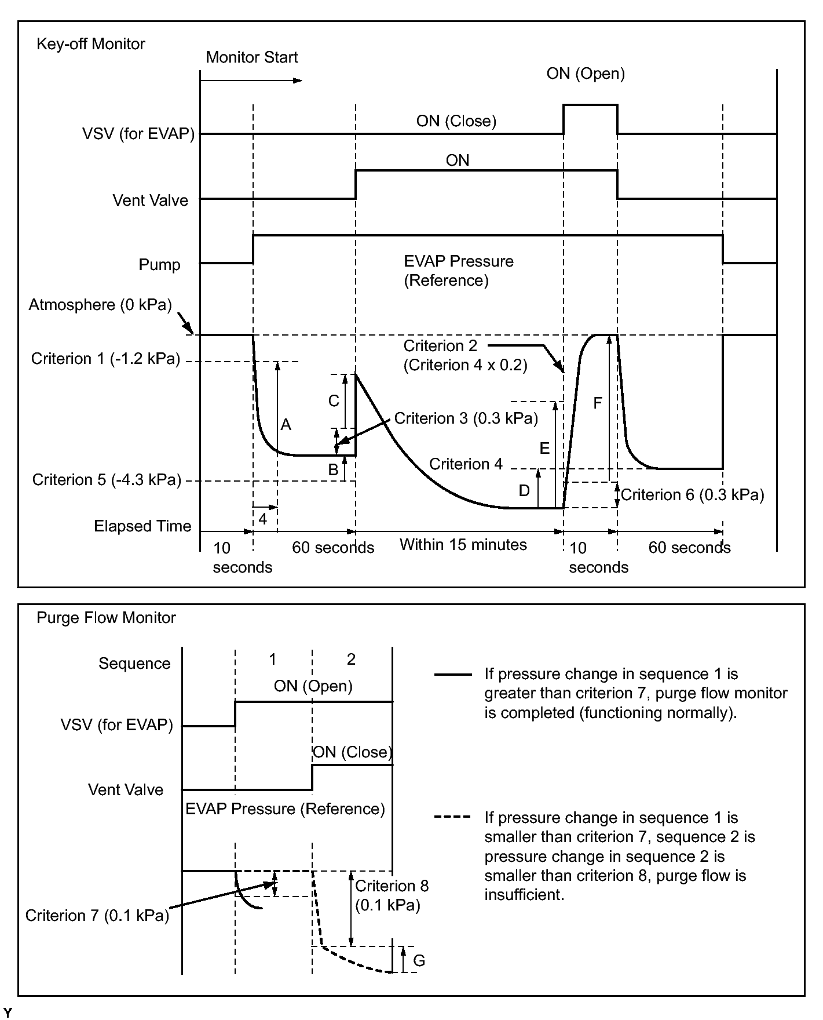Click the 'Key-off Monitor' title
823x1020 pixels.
(x=90, y=44)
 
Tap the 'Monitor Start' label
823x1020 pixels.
(x=251, y=57)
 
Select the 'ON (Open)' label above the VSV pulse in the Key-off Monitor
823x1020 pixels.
(x=586, y=74)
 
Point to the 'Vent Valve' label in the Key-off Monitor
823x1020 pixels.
(x=150, y=201)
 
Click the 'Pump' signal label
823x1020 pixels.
(x=159, y=265)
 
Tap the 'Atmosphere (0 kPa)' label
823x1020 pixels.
(x=100, y=305)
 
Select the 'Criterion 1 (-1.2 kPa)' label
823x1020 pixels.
(x=105, y=359)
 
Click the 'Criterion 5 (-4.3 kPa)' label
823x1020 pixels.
(x=107, y=480)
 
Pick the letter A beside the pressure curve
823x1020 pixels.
(x=286, y=425)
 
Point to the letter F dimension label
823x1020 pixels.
(x=598, y=403)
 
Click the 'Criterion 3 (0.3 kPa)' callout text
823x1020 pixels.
(x=466, y=418)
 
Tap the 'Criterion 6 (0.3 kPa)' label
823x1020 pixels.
(x=692, y=495)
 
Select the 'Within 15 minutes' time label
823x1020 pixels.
(x=463, y=545)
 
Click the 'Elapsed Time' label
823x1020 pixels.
(x=142, y=526)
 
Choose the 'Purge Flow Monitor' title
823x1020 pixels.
(x=106, y=618)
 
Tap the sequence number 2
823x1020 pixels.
(x=351, y=659)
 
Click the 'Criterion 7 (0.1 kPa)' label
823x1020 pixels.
(x=97, y=916)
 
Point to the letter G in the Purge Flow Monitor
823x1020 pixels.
(x=419, y=961)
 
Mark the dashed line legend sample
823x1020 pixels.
(x=452, y=817)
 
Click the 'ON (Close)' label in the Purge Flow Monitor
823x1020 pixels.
(x=352, y=752)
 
